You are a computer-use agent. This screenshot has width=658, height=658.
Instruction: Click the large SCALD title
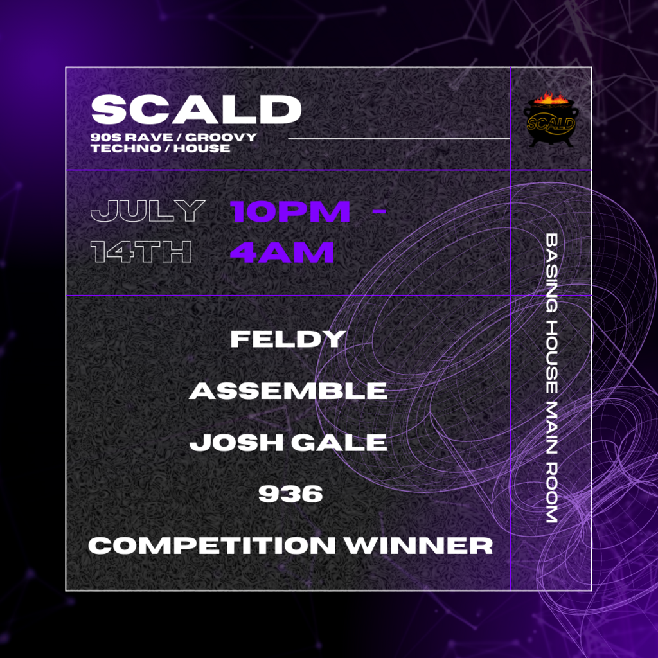pyautogui.click(x=196, y=110)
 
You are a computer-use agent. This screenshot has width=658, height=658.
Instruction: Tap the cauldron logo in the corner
pyautogui.click(x=551, y=121)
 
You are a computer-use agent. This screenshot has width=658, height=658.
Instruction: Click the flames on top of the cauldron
pyautogui.click(x=551, y=100)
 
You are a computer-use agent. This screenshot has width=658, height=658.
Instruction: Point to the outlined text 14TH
pyautogui.click(x=142, y=253)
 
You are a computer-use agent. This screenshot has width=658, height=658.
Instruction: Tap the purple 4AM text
pyautogui.click(x=282, y=253)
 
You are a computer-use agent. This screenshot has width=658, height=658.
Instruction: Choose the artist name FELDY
pyautogui.click(x=288, y=339)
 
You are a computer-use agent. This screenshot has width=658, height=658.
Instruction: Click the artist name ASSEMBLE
pyautogui.click(x=288, y=391)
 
